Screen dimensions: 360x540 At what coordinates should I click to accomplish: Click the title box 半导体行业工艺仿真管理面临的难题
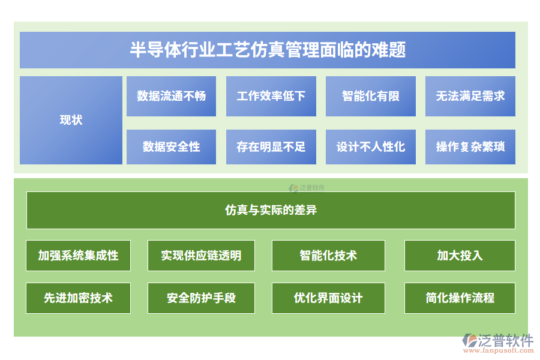point(268,50)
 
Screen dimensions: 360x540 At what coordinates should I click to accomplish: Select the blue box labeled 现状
point(71,120)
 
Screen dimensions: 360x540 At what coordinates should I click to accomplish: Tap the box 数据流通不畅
point(171,96)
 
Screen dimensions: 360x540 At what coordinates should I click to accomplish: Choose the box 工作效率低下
point(271,96)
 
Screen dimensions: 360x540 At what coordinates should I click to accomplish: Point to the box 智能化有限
point(370,96)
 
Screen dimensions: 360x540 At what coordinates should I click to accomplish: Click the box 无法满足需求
point(470,96)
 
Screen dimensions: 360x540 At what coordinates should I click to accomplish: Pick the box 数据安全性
point(171,147)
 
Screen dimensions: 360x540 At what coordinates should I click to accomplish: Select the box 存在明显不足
point(271,147)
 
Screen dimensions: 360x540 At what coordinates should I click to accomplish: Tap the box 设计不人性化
point(370,147)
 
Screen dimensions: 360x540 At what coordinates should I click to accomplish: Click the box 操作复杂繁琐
point(470,147)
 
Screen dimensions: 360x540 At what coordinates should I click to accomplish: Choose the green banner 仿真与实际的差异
point(271,210)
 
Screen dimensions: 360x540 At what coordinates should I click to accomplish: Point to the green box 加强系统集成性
point(78,256)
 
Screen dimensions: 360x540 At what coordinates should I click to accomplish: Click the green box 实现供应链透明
point(201,256)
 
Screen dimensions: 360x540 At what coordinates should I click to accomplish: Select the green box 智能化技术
point(328,256)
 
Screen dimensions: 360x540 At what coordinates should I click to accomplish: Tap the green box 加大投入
point(460,256)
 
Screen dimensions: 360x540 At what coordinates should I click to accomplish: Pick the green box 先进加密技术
point(78,298)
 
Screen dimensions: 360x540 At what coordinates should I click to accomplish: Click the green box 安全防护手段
point(201,298)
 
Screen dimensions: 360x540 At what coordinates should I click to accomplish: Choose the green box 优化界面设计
point(328,298)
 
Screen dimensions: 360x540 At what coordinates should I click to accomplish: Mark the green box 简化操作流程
point(460,298)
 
